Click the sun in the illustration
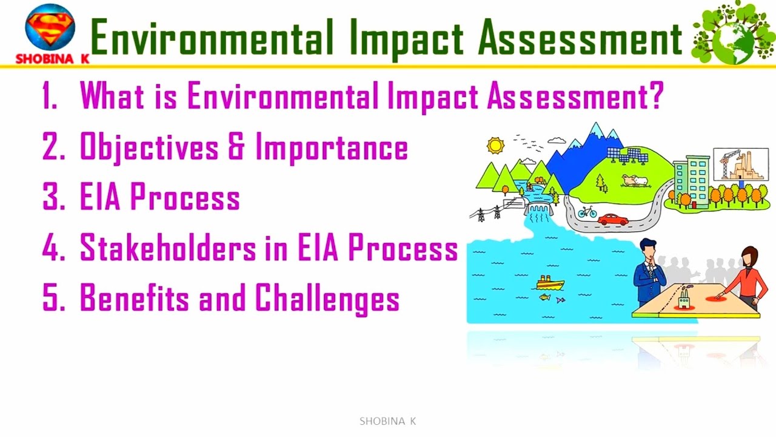point(495,146)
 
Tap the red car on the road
point(612,219)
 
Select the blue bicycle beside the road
point(587,212)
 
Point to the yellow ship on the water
point(550,283)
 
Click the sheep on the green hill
point(634,180)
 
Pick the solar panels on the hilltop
point(627,155)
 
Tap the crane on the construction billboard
point(725,161)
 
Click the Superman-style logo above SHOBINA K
point(50,28)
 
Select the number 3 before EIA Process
point(50,198)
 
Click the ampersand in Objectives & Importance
point(236,147)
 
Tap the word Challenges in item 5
point(327,299)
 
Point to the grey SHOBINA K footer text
point(387,421)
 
